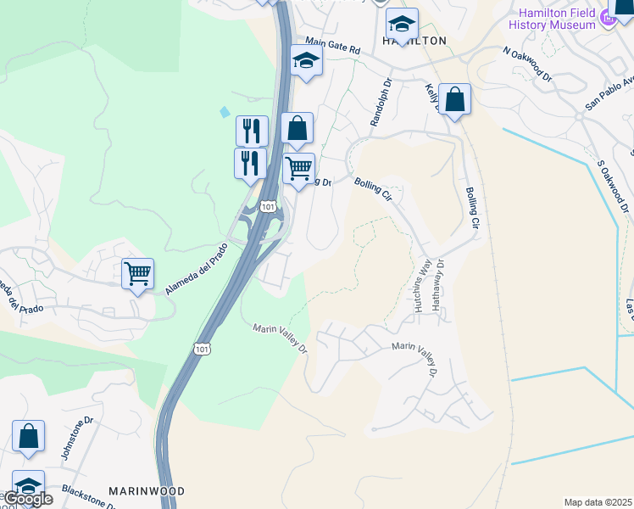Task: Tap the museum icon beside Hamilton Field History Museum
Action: tap(608, 17)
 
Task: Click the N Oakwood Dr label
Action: tap(527, 64)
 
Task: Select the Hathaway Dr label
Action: tap(438, 283)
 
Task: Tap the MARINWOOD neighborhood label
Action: tap(147, 491)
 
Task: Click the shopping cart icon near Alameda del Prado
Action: tap(137, 273)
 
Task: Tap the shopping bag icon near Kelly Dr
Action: tap(455, 99)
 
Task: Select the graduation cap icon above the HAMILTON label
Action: tap(402, 23)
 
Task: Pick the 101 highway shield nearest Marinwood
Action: tap(201, 349)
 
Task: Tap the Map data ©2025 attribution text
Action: tap(598, 502)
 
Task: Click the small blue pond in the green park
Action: tap(224, 111)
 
